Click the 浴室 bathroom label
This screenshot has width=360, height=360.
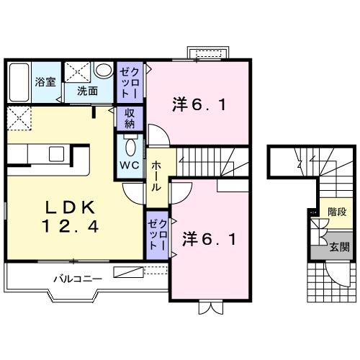(x=45, y=81)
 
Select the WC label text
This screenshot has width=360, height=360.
(x=129, y=164)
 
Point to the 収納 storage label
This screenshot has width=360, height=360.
(x=130, y=117)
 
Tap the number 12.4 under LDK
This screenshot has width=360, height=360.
(x=69, y=226)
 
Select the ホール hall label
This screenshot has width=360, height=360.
(x=156, y=176)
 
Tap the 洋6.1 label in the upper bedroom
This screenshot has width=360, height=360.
(x=199, y=104)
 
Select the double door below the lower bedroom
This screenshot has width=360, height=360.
(x=208, y=309)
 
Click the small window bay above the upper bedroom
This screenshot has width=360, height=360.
(x=208, y=53)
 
